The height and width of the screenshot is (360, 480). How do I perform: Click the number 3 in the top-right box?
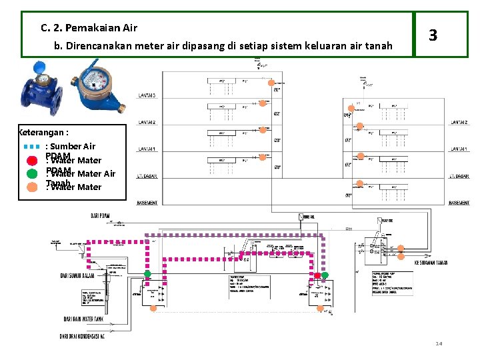point(433,35)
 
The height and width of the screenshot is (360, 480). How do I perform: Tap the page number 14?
point(439,344)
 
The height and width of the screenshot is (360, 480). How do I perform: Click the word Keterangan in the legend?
point(43,132)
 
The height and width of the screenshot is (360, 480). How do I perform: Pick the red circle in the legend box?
point(31,160)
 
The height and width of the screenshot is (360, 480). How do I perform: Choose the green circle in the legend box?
point(31,173)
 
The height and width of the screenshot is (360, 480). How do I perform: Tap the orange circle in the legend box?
point(31,187)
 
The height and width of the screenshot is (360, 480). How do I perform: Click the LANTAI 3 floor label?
point(147,96)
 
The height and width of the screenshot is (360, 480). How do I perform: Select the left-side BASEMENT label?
point(147,203)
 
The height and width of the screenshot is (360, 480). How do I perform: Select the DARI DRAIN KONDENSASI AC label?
point(83,335)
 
